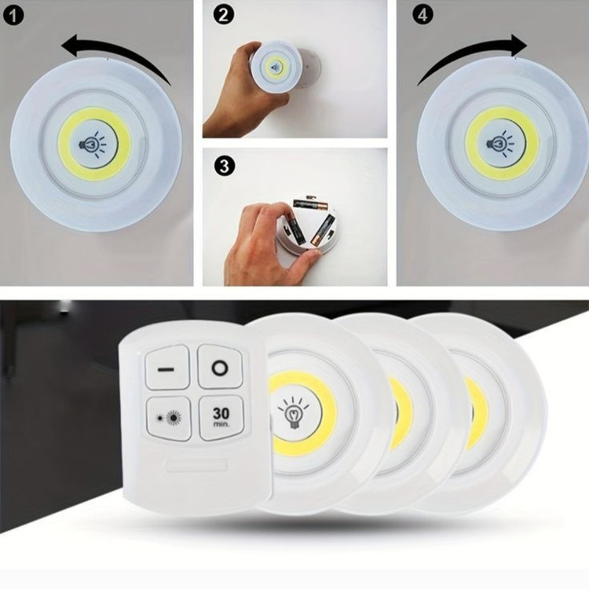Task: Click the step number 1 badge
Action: [13, 16]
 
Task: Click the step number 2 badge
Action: [223, 16]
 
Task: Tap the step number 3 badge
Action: [225, 166]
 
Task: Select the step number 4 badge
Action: [423, 16]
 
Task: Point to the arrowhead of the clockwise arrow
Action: [518, 45]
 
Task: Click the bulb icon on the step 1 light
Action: [93, 144]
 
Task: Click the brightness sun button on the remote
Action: [168, 418]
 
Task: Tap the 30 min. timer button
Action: [221, 417]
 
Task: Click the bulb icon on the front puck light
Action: [294, 415]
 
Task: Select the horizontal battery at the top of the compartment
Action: [311, 205]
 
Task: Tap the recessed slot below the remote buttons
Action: [197, 465]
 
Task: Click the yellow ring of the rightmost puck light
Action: [477, 414]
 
